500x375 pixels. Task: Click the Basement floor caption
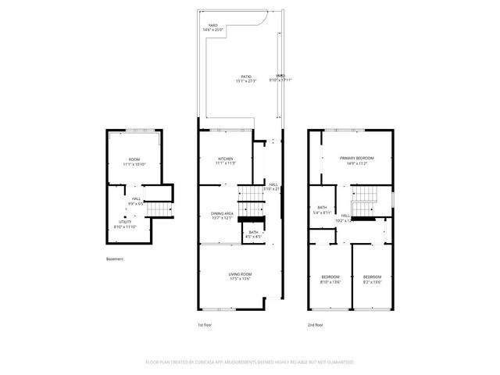115,259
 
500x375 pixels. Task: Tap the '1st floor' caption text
204,323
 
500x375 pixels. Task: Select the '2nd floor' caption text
316,323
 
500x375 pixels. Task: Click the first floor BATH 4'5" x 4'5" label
253,234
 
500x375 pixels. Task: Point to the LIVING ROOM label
239,276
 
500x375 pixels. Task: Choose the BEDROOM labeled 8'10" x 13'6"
331,279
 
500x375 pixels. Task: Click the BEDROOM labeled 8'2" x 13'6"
371,279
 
